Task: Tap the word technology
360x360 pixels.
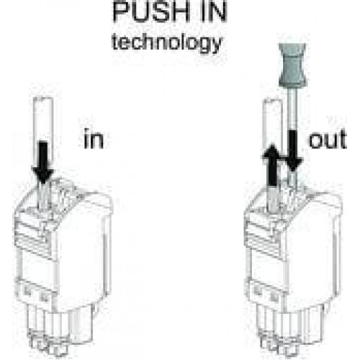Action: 167,43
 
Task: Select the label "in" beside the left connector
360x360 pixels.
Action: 94,139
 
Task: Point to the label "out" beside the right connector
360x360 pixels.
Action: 328,139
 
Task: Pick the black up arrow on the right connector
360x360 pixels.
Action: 273,165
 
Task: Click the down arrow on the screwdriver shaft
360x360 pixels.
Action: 293,150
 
